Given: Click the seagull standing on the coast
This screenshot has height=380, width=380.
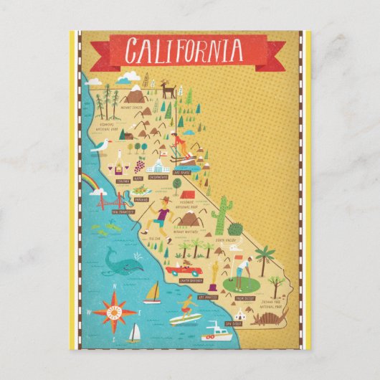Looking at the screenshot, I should tap(103, 146).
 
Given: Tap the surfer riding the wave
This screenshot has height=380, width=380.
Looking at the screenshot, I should tap(184, 309).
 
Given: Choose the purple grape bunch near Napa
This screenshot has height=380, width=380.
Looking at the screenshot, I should tap(137, 165).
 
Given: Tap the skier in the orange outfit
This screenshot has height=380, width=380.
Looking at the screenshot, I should tap(180, 143).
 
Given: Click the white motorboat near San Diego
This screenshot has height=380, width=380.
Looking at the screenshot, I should tap(218, 331).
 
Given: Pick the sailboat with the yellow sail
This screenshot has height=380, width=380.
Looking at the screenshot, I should tap(152, 293).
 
